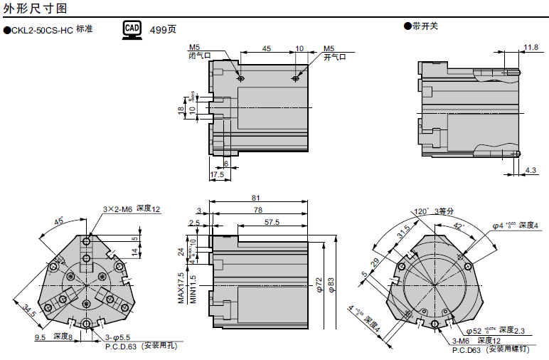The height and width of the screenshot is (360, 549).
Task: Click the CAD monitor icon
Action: [132, 28]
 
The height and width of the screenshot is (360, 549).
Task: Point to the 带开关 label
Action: [425, 26]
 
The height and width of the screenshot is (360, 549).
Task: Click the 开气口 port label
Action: [334, 57]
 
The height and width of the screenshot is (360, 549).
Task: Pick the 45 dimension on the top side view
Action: [267, 48]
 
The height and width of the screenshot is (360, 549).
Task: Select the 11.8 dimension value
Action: [530, 48]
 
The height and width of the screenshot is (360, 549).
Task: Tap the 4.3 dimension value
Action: [531, 170]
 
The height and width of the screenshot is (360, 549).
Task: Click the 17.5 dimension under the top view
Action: [217, 174]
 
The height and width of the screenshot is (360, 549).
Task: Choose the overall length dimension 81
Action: [255, 198]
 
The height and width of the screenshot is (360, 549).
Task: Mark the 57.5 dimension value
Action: [272, 222]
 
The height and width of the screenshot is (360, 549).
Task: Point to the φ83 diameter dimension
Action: [331, 285]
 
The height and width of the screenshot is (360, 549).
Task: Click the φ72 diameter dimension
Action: [319, 285]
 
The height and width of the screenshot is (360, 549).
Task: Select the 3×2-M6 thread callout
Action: [117, 209]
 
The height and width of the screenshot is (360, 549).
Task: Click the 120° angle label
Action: [422, 211]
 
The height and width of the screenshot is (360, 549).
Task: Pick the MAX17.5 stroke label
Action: [181, 287]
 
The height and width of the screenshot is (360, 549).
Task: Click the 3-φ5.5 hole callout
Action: [117, 337]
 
